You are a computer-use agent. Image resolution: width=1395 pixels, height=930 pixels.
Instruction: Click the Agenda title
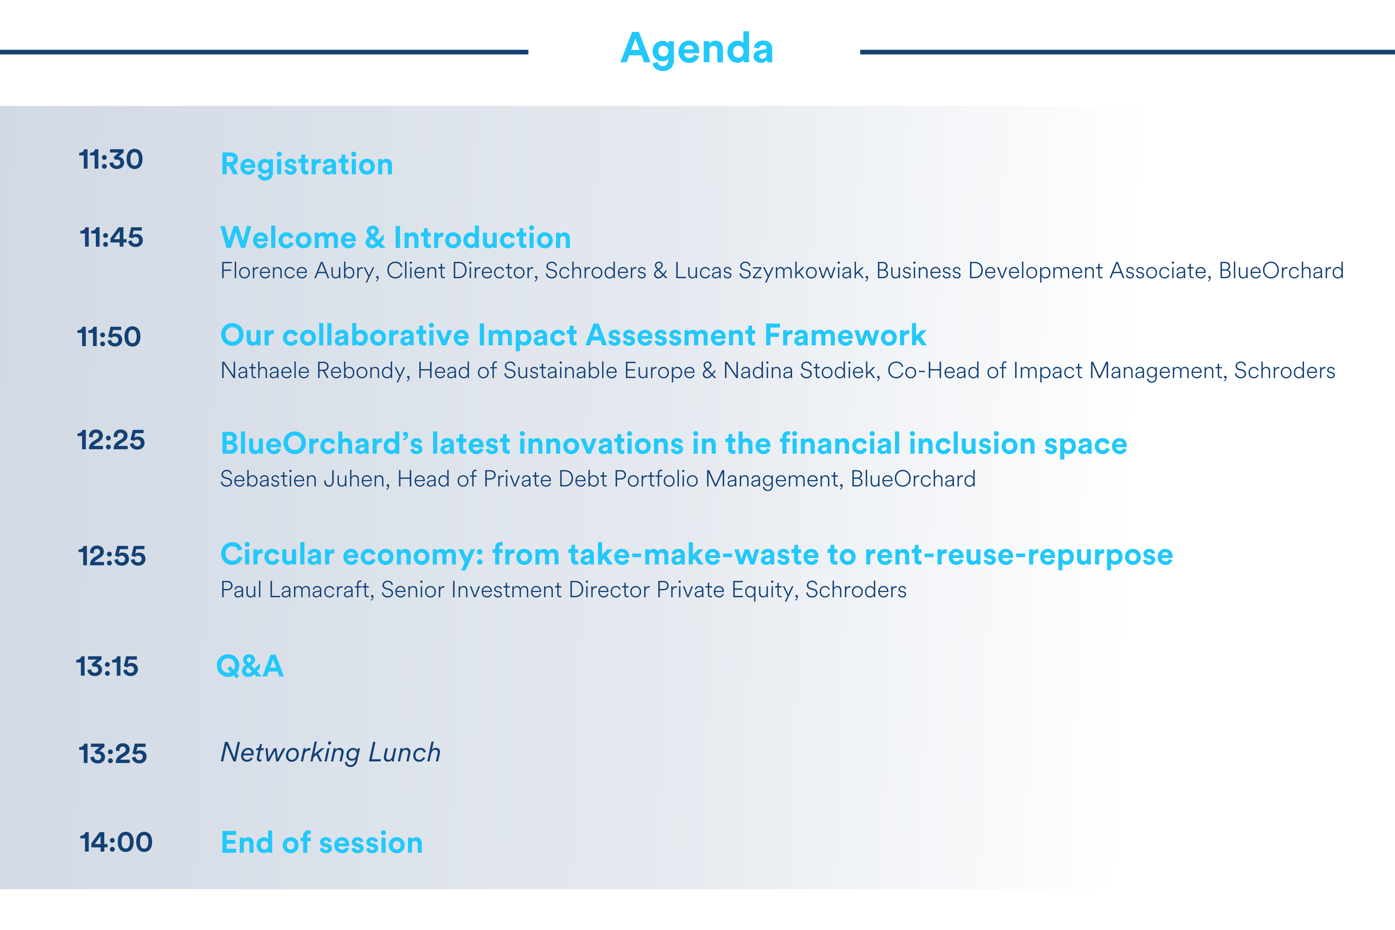pos(697,50)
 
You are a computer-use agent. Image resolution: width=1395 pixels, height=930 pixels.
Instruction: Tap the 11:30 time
pos(111,160)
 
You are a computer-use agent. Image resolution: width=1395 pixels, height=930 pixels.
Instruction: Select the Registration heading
pos(306,165)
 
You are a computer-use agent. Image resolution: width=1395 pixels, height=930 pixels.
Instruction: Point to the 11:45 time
pos(112,237)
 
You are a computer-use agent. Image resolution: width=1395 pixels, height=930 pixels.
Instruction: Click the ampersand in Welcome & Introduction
pos(375,238)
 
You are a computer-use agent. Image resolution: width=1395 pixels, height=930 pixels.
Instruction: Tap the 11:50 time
pos(109,337)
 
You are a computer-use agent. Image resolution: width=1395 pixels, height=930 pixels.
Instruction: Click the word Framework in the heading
pos(845,336)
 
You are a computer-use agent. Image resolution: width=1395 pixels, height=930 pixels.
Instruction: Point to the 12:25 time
pos(111,440)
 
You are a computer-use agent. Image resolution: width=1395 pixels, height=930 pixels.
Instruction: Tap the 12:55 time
pos(112,556)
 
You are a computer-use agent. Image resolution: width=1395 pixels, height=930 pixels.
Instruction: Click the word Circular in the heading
pos(277,554)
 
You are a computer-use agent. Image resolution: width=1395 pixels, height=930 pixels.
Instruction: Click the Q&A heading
pos(250,666)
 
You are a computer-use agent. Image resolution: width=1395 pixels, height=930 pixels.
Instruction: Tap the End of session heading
pos(321,843)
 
